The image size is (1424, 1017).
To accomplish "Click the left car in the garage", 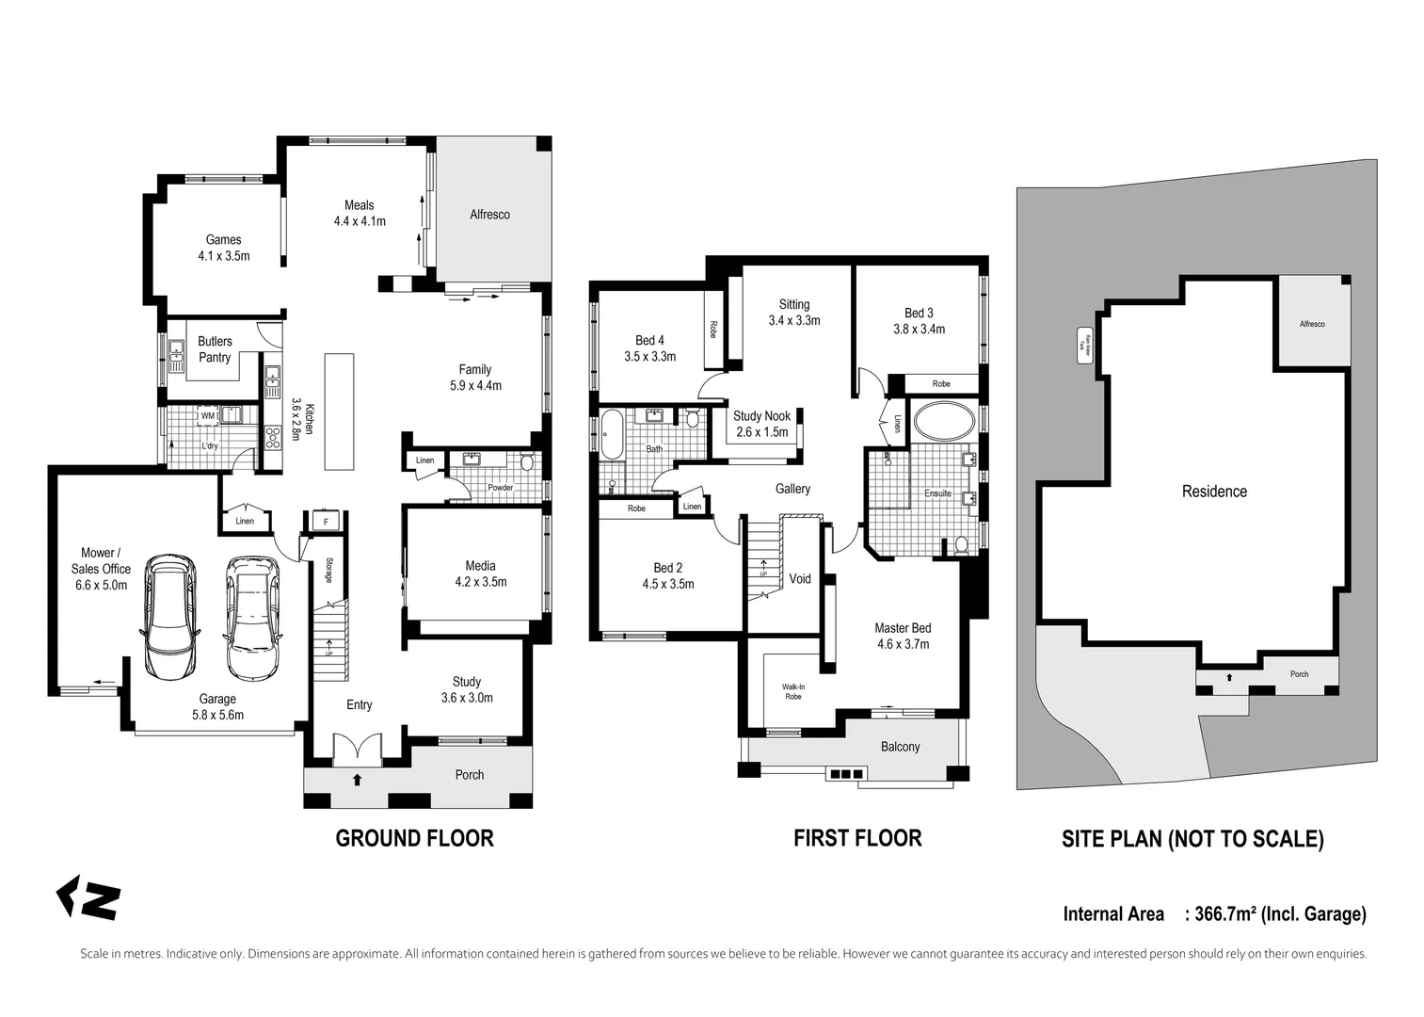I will coord(169,618).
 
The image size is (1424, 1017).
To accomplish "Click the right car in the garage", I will coord(251,618).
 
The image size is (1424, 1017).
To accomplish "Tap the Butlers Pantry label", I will coord(215,349).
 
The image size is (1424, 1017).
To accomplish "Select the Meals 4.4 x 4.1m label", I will coord(360,213).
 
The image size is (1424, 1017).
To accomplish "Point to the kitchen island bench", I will coord(339,411).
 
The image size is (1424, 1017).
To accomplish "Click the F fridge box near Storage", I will coord(326,521).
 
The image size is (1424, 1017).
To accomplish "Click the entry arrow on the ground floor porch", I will coord(357,779).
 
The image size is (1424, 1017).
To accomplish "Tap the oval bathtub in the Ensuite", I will coord(944,422).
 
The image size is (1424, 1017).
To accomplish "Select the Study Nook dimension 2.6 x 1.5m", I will coord(762,432).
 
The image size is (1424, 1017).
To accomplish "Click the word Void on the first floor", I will coord(800,579).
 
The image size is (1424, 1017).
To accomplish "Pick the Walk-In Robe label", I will coord(792,691).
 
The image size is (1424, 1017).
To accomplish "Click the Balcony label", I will coord(900,747).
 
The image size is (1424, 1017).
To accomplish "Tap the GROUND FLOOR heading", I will coord(414,838).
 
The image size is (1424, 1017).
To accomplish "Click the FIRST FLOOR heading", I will coord(857,838).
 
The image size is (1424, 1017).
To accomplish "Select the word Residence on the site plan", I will coord(1214,492).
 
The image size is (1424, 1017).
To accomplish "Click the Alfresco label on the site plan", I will coord(1312,324).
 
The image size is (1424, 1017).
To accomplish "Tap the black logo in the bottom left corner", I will coord(88,898).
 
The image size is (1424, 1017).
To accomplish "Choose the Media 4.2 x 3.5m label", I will coord(480,573).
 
